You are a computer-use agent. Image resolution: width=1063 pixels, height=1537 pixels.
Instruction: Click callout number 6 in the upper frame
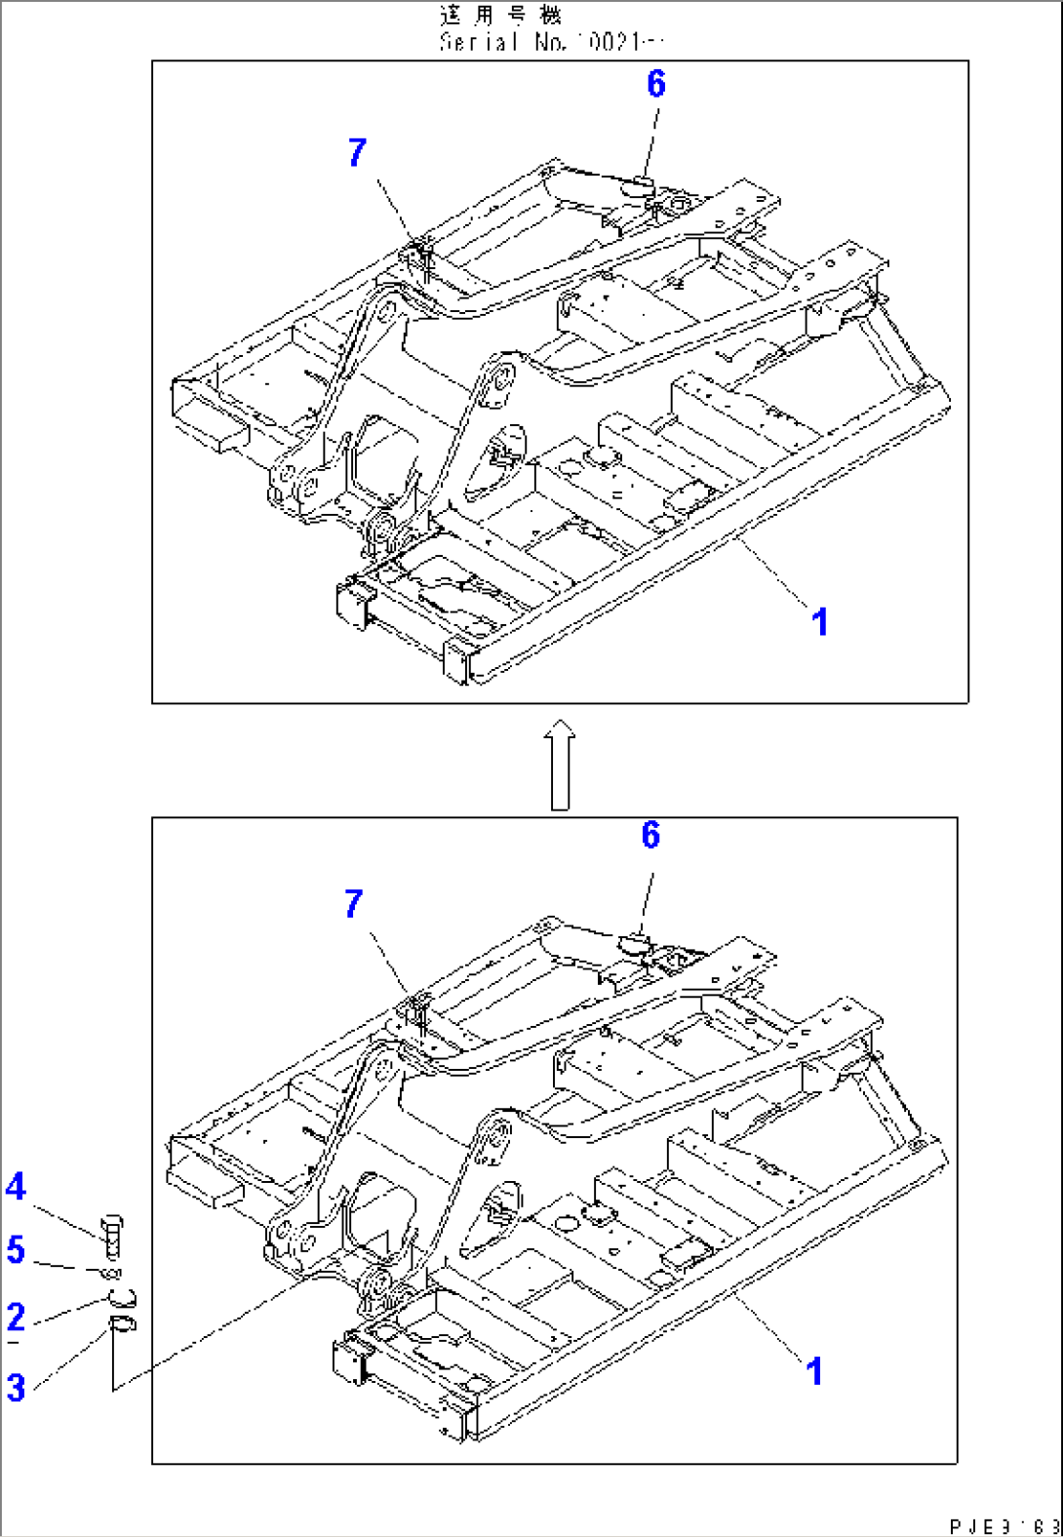pos(656,85)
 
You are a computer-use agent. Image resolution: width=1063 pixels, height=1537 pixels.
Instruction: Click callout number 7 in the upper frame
pos(357,152)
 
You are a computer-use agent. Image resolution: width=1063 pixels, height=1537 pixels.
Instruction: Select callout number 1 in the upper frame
pos(820,621)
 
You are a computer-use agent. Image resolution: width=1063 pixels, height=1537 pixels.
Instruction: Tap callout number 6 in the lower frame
pos(650,835)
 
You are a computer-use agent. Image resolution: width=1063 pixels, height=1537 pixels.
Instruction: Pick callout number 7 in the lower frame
pos(354,904)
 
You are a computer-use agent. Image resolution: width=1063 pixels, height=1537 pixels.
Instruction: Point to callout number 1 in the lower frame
pos(814,1371)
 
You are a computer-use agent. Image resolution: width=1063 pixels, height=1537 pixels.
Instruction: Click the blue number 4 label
pos(16,1187)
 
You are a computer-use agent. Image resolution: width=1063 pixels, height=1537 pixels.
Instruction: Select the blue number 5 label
pos(16,1249)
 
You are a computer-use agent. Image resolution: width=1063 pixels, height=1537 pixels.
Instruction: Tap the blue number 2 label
pos(16,1317)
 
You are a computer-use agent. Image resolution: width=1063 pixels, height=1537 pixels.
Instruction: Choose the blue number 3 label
pos(16,1387)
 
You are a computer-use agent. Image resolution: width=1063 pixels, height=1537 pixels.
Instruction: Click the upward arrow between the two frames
pos(560,765)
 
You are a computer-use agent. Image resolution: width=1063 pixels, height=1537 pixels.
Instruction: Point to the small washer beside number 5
pos(111,1273)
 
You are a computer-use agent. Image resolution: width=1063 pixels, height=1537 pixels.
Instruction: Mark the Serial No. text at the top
pos(551,42)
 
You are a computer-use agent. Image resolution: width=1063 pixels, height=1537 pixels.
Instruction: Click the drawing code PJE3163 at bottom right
pos(1004,1525)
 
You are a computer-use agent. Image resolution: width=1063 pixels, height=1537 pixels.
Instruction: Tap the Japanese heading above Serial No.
pos(500,16)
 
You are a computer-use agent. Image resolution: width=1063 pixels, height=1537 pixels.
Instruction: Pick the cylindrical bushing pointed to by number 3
pos(123,1323)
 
